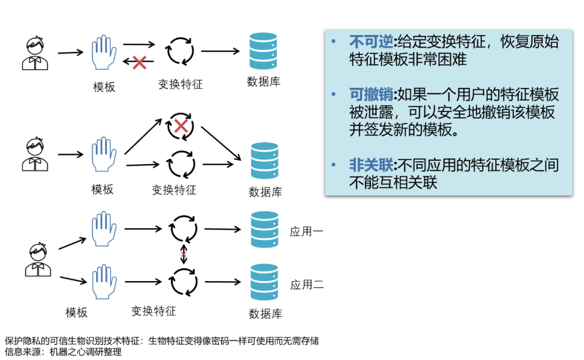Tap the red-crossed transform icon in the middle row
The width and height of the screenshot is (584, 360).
tap(181, 126)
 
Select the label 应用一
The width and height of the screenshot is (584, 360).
tap(307, 232)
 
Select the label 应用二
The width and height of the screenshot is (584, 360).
tap(307, 284)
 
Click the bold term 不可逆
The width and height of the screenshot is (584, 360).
tap(371, 42)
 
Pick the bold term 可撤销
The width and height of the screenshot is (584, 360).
tap(371, 95)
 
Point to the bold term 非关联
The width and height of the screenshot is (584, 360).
tap(371, 165)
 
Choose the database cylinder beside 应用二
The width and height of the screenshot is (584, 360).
tap(264, 282)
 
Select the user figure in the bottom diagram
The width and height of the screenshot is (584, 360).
tap(38, 260)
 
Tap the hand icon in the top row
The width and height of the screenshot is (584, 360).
tap(104, 52)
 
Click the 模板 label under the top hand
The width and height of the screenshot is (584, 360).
tap(104, 87)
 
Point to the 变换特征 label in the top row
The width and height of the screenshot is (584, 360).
tap(180, 84)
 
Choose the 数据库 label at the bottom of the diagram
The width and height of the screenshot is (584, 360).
tap(265, 314)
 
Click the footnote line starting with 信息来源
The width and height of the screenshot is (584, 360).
tap(63, 352)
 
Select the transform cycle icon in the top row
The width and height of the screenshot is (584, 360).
tap(179, 52)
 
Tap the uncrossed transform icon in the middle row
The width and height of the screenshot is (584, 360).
tap(181, 164)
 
